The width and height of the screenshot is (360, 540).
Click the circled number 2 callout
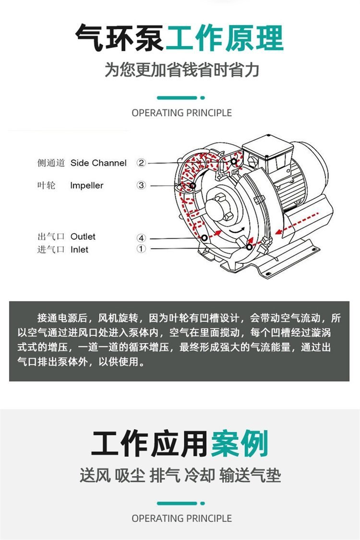[141, 163]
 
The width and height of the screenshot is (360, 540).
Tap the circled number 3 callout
[141, 185]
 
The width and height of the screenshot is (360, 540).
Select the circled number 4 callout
[141, 238]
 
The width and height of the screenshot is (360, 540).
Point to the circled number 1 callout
[141, 249]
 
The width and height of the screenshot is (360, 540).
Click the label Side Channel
[98, 163]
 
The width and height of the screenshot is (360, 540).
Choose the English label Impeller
[87, 186]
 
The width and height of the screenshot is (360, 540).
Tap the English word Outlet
[83, 237]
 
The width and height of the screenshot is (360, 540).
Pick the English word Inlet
[79, 249]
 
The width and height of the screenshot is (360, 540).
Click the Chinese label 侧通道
[51, 163]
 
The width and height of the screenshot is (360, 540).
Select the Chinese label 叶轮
[46, 186]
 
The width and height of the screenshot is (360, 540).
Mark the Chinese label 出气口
[51, 237]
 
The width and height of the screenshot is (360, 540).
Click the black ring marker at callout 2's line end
[234, 161]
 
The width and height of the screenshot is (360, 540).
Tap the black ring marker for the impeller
[192, 186]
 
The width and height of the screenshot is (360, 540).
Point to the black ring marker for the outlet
[204, 238]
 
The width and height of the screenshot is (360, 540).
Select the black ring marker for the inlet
[249, 247]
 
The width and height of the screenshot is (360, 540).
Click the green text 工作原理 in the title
[225, 38]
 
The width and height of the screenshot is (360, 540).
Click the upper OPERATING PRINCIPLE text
[181, 113]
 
